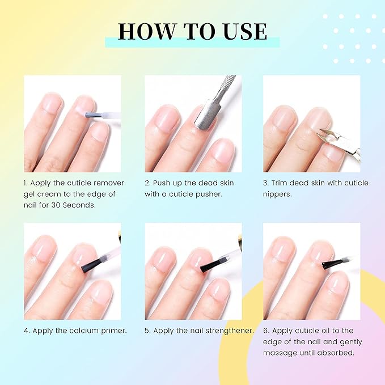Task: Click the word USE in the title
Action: point(242,31)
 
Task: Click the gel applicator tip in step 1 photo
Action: point(90,115)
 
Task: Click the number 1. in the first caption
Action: point(27,183)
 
